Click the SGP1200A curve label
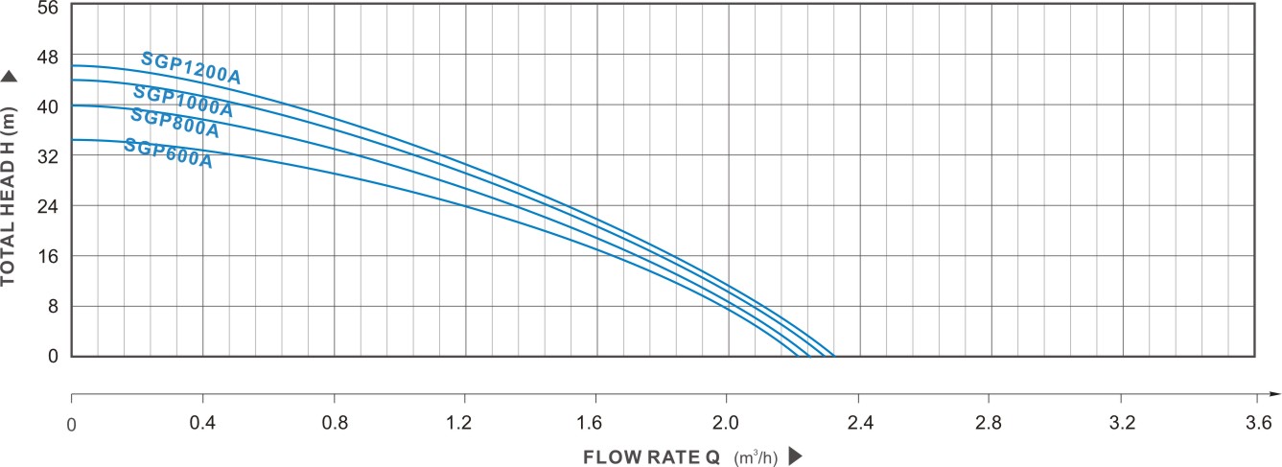(x=190, y=68)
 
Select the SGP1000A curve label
(x=182, y=101)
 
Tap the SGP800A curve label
(x=175, y=124)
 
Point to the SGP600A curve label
(x=168, y=153)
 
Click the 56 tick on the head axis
(x=47, y=7)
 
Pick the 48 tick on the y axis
(x=47, y=57)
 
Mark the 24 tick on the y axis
(x=47, y=206)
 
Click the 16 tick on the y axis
(x=47, y=256)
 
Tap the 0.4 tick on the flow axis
(x=202, y=422)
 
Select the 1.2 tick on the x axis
(x=464, y=422)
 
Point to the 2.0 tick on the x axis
(x=726, y=422)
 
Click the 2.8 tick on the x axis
(x=989, y=422)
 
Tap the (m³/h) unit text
(x=758, y=457)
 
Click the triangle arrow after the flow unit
(x=794, y=456)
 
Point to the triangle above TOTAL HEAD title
(x=10, y=77)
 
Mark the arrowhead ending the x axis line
(x=1273, y=394)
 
